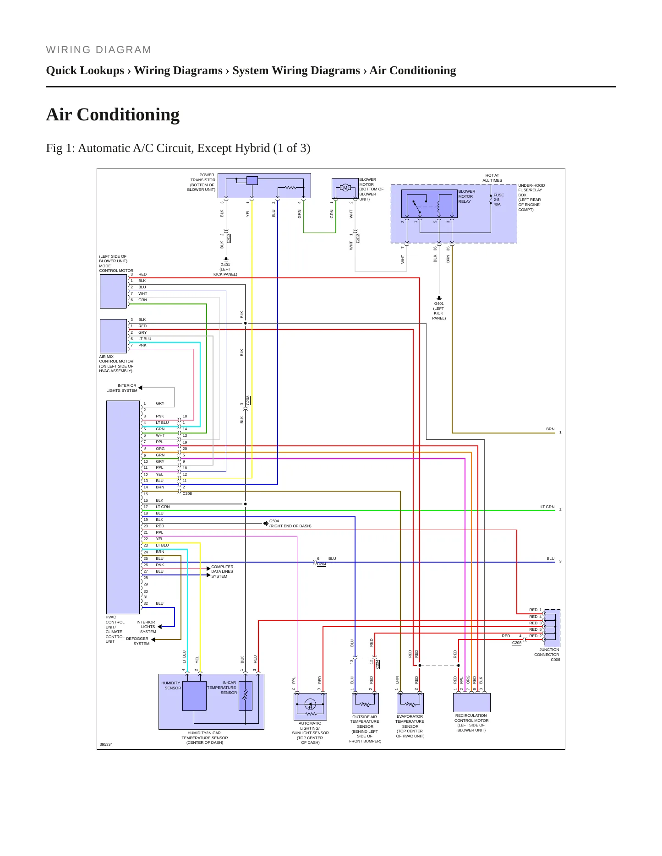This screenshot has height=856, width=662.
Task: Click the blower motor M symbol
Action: click(345, 188)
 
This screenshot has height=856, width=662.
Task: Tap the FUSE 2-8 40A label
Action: click(498, 200)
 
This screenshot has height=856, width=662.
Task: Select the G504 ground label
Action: click(274, 521)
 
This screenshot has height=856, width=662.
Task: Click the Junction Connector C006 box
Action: click(552, 628)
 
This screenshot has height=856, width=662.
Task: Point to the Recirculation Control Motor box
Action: click(472, 702)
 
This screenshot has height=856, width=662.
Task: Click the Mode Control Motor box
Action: click(113, 291)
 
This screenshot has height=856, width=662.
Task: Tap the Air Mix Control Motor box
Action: click(113, 336)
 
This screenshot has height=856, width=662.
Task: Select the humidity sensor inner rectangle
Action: click(194, 696)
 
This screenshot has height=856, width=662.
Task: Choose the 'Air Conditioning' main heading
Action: click(113, 114)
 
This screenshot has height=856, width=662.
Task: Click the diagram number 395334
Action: click(106, 744)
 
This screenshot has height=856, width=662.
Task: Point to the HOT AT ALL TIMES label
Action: click(492, 178)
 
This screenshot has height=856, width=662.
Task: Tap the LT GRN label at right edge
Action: click(547, 507)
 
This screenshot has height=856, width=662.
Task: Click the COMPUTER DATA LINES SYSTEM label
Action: click(222, 571)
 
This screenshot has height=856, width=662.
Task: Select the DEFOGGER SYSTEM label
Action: click(137, 641)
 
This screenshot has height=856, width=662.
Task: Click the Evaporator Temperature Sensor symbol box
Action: click(410, 703)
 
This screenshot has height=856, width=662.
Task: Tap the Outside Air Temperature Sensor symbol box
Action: click(365, 703)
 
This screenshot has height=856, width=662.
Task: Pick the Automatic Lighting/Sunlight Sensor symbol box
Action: click(310, 706)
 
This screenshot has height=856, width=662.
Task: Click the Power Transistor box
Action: click(264, 185)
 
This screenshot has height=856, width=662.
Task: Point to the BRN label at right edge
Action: click(550, 429)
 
